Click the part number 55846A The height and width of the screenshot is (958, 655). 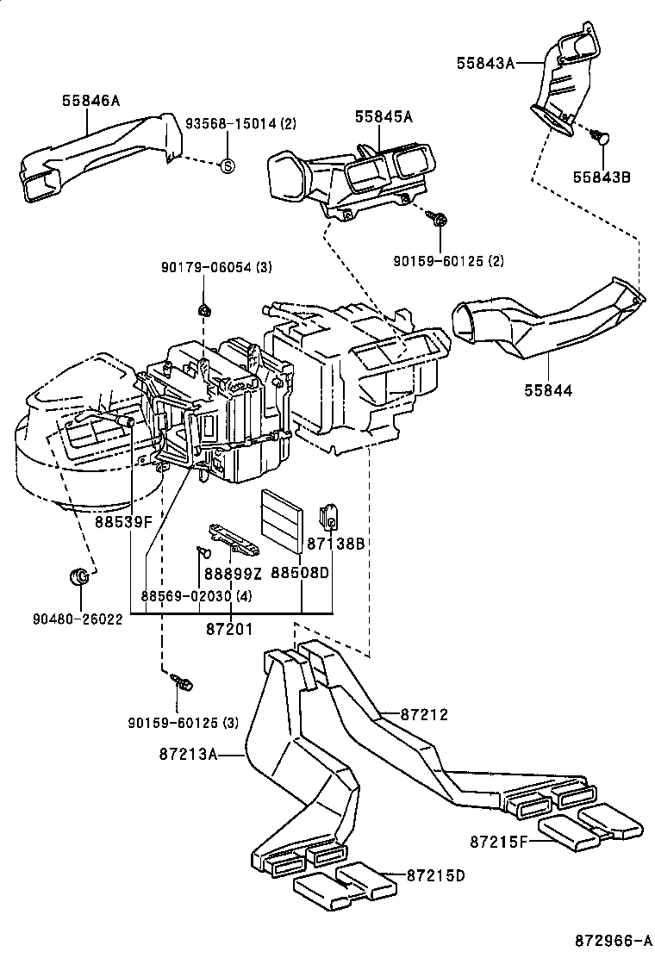pos(90,101)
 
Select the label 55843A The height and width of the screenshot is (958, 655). pos(485,61)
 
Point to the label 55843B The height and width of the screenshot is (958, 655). pos(602,177)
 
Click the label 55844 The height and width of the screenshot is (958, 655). pos(547,390)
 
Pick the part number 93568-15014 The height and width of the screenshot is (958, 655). pos(232,124)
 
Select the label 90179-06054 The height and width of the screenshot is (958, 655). pos(205,268)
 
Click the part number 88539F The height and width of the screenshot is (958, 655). pos(123,521)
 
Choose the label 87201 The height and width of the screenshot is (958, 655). pos(228,630)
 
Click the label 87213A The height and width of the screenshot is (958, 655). pos(187,755)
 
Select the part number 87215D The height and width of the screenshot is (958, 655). pos(435,875)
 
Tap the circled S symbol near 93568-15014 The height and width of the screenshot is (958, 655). pos(227,165)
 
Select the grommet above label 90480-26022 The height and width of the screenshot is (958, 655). pos(78,575)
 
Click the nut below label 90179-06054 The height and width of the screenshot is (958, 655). pos(204,308)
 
